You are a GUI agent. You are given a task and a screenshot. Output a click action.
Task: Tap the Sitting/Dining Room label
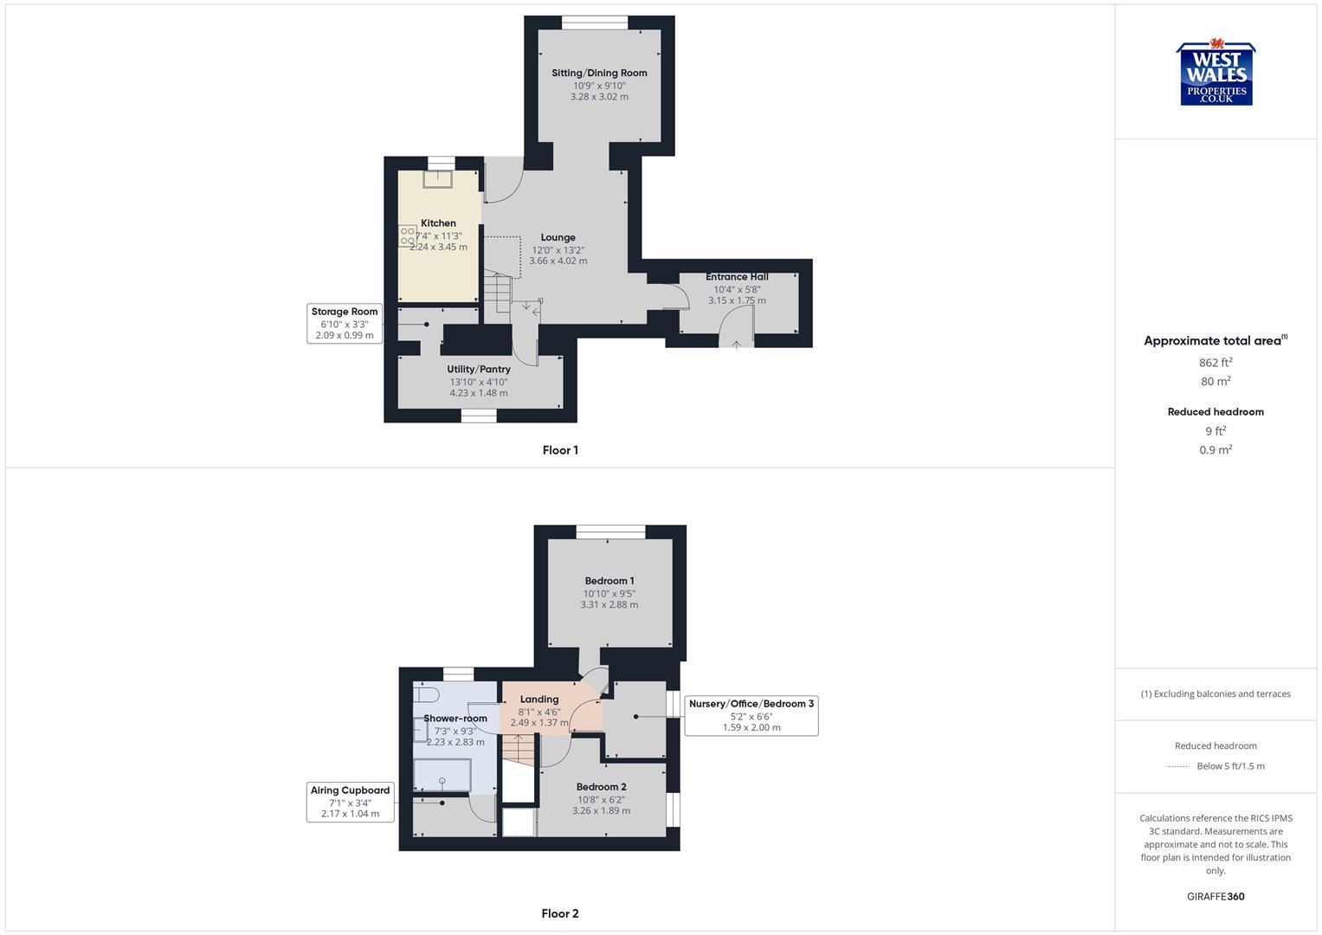click(599, 73)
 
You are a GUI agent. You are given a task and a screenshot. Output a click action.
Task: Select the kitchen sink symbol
click(438, 178)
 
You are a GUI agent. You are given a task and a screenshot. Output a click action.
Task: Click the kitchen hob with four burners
click(407, 235)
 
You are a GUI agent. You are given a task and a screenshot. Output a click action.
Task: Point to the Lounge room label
click(558, 237)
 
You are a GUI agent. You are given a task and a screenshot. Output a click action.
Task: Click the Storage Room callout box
click(345, 323)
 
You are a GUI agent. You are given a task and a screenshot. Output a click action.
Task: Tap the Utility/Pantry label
click(479, 370)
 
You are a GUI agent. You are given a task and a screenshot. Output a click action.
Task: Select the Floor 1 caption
click(560, 450)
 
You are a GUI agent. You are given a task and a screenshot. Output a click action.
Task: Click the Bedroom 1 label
click(609, 581)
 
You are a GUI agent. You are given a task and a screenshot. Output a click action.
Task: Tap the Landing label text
click(538, 700)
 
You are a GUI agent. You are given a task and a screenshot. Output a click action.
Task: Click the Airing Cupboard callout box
click(350, 802)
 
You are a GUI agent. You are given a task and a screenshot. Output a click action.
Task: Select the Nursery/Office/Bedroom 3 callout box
click(751, 715)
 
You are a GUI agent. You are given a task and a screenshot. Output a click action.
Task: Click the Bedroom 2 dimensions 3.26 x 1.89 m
click(601, 811)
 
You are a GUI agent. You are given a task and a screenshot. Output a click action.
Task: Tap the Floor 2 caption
click(560, 913)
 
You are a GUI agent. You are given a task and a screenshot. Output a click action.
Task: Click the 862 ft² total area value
click(1216, 363)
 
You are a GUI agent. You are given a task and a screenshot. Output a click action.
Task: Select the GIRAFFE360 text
click(1216, 897)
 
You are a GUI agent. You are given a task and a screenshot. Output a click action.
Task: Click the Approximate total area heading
click(1215, 341)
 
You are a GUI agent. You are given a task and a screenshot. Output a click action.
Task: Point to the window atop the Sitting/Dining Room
click(595, 23)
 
